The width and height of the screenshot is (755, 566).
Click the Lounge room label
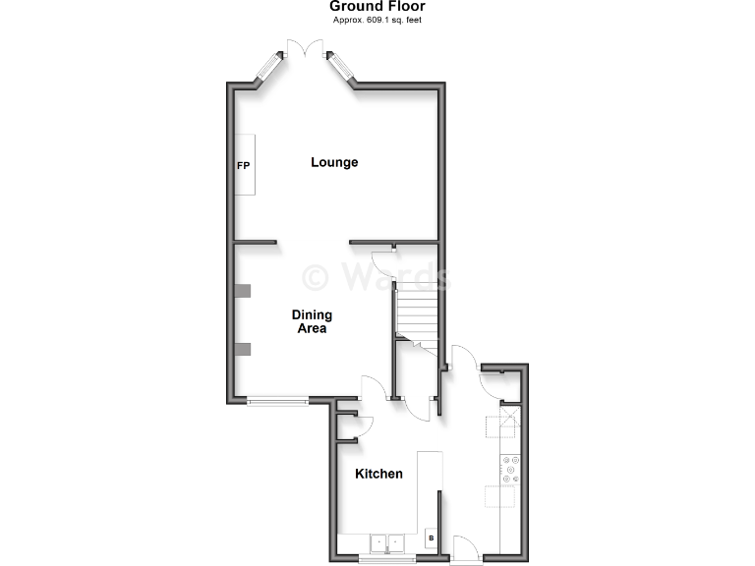coord(334,162)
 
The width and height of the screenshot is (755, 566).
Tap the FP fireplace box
coord(244,165)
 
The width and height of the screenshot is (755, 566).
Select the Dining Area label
coord(312,321)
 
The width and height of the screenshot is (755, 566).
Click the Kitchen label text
coord(378,474)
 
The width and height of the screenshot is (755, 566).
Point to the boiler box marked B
coord(431,538)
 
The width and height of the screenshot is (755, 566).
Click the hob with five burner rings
coord(511,469)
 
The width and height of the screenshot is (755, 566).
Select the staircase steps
coord(415,314)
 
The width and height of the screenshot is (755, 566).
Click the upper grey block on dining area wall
coord(243,290)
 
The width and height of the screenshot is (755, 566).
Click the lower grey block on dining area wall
coord(243,349)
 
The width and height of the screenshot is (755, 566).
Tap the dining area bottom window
coord(277,399)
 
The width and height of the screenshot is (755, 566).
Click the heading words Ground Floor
coord(377,7)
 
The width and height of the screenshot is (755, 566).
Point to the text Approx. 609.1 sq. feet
coord(377,20)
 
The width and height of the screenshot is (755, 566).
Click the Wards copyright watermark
coord(377,276)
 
